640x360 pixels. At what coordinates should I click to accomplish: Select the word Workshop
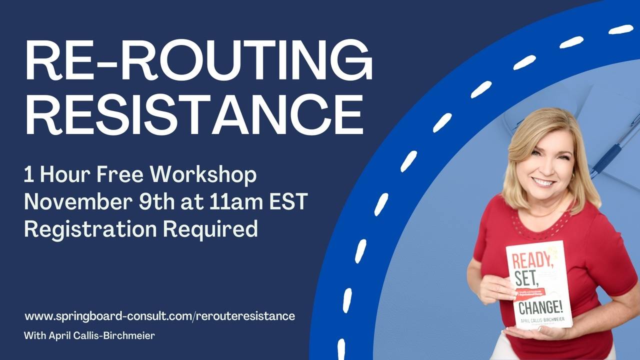click(x=204, y=175)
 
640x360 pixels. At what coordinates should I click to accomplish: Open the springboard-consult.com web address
click(x=159, y=316)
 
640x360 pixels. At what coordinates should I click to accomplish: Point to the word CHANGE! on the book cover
click(x=541, y=305)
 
